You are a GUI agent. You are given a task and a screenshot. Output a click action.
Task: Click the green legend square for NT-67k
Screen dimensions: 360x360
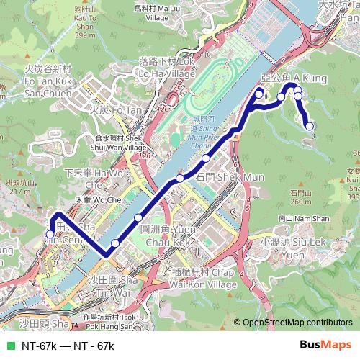(x=9, y=346)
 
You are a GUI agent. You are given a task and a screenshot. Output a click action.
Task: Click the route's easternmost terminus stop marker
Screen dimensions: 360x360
(x=310, y=127)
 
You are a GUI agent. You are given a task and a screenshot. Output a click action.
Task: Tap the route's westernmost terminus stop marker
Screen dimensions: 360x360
(x=50, y=234)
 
